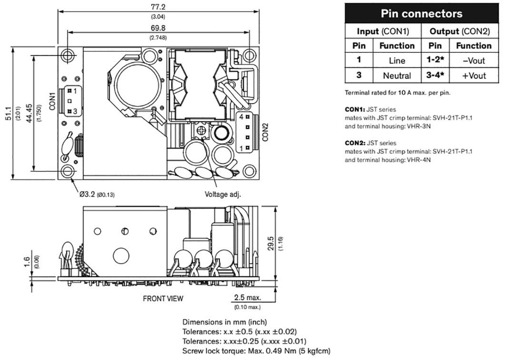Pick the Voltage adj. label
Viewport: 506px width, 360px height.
222,194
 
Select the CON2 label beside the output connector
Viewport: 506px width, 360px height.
265,131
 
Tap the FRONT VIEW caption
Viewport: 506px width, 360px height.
163,298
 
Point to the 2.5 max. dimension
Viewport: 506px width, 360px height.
247,298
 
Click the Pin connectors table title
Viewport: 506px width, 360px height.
422,13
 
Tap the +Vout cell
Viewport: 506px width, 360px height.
473,76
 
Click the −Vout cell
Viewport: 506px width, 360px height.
473,61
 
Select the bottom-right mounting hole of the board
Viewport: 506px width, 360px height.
249,171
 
